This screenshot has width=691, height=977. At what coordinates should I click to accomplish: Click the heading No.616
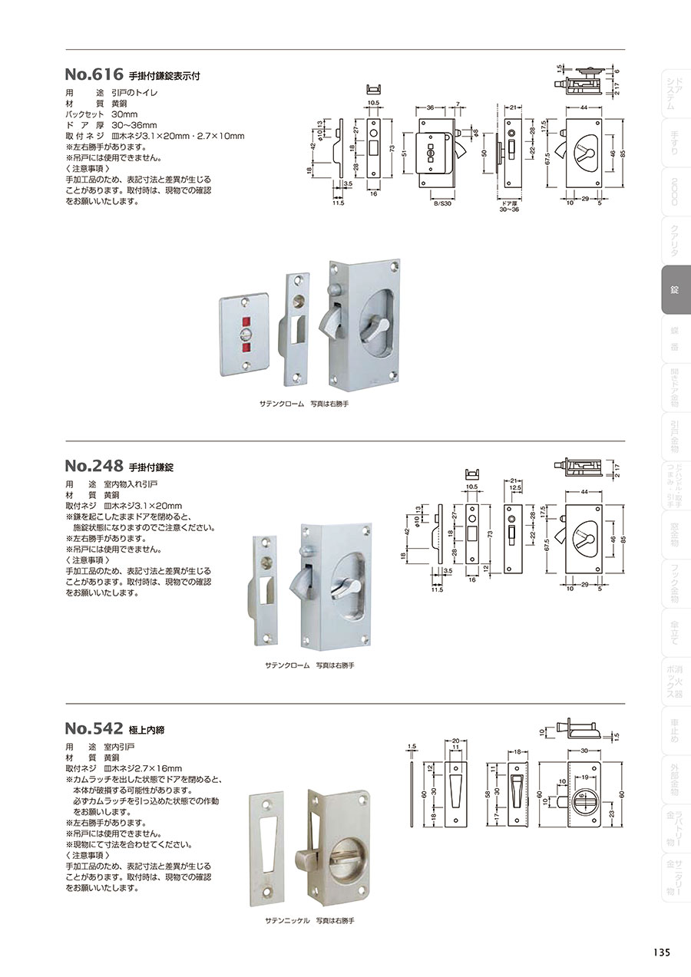[x=94, y=75]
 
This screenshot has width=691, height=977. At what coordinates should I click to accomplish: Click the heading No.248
[x=94, y=466]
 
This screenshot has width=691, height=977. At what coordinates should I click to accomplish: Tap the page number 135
[x=662, y=952]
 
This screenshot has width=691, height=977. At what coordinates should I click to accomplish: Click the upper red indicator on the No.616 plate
[x=246, y=320]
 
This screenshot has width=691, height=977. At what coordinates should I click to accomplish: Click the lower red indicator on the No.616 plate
[x=246, y=348]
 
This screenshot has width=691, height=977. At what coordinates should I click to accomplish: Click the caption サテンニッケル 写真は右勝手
[x=309, y=919]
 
